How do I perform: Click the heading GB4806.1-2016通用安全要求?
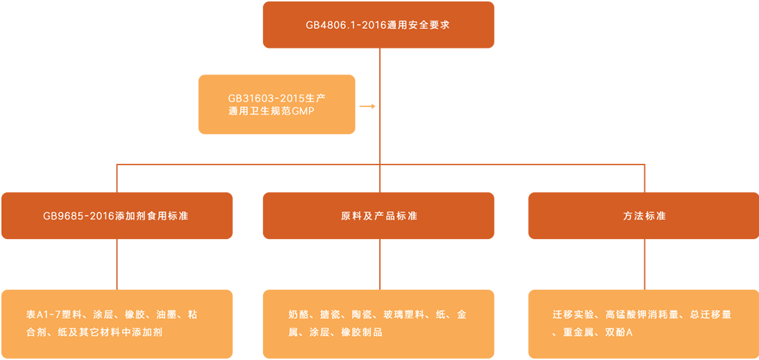(x=377, y=25)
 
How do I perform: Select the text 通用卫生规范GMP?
(x=268, y=111)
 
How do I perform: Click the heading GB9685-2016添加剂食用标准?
(x=115, y=216)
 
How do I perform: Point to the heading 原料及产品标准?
(x=379, y=216)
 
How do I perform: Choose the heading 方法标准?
(x=644, y=216)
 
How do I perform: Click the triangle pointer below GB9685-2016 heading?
(x=117, y=276)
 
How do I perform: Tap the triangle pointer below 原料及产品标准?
(x=379, y=276)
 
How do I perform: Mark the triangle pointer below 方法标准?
(x=644, y=276)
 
